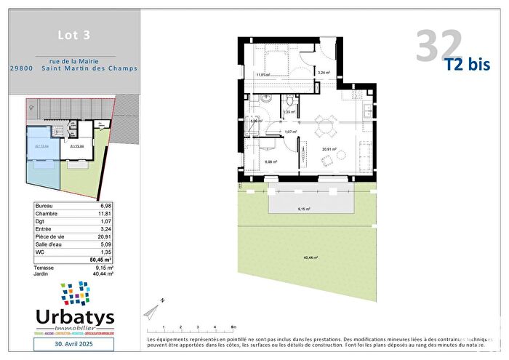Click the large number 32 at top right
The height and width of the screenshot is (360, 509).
coord(439,47)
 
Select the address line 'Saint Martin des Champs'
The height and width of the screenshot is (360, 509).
coord(93,69)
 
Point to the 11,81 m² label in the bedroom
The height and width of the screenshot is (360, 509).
coord(262,75)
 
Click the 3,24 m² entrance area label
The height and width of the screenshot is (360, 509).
coord(324,73)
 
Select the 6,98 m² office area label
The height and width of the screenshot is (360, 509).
coord(270,162)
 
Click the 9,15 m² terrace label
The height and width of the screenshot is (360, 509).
coord(304,209)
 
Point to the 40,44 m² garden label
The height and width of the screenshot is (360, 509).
coord(310,257)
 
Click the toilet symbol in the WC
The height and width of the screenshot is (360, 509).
coord(289,100)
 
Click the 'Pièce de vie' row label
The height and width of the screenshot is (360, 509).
coord(51,237)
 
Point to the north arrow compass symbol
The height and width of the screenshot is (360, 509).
coord(153,309)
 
